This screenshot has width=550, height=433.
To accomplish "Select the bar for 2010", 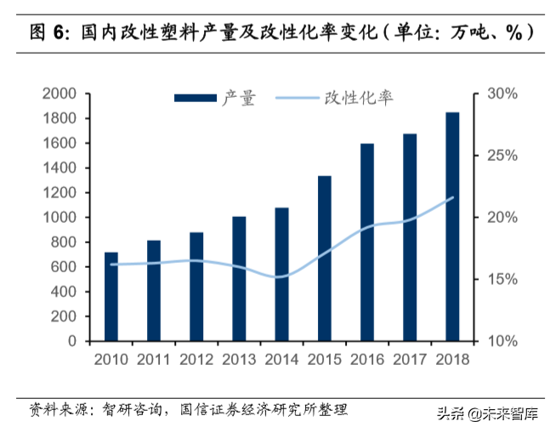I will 111,297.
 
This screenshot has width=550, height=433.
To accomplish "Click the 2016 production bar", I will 367,242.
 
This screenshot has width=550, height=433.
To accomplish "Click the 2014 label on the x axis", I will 281,359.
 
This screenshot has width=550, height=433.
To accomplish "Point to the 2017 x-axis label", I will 410,359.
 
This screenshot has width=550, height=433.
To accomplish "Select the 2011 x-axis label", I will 154,359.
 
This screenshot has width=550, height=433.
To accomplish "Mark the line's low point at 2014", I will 281,276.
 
